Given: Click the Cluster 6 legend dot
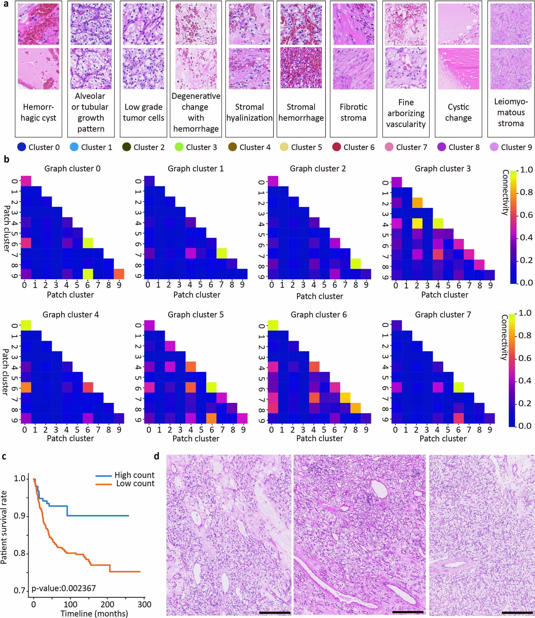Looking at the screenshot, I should click(x=336, y=147).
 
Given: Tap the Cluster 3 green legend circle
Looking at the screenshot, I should click(x=179, y=147).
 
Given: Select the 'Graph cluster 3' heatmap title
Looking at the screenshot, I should click(x=442, y=168).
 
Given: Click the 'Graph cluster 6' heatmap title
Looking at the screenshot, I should click(x=318, y=315).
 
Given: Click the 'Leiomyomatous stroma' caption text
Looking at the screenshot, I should click(x=511, y=112).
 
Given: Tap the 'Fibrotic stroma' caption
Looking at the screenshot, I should click(x=353, y=112).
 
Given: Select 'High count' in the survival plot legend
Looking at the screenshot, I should click(x=134, y=475).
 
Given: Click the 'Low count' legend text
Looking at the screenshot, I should click(x=135, y=484).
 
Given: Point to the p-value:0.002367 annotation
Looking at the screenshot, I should click(x=64, y=588).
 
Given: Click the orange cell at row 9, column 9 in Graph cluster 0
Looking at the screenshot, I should click(x=119, y=274).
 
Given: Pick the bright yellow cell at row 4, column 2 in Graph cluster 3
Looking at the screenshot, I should click(x=417, y=223).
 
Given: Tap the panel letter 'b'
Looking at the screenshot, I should click(x=6, y=159).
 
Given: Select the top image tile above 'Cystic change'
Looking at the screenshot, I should click(x=458, y=24).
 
